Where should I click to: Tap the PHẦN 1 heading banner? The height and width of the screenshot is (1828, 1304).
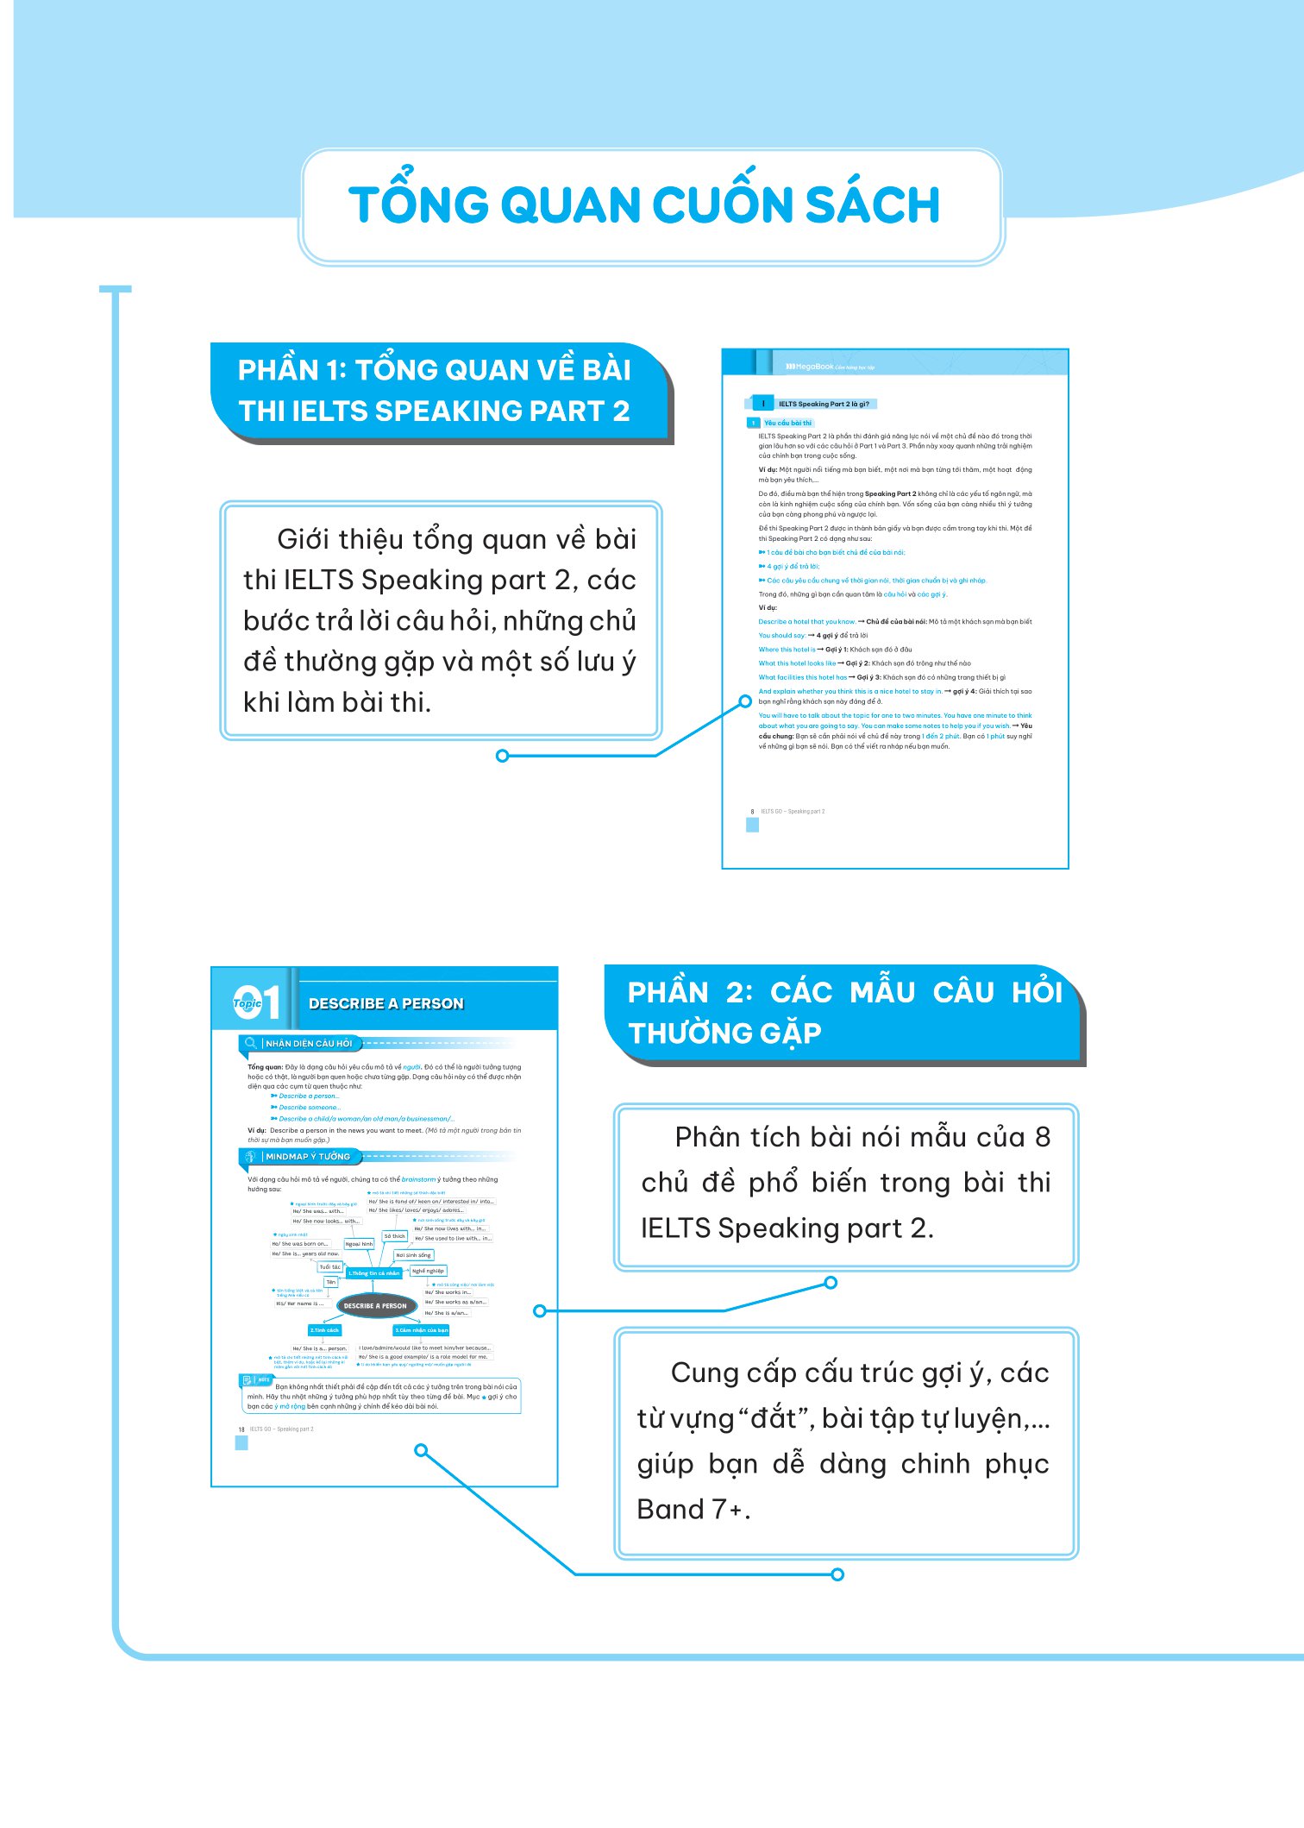click(436, 391)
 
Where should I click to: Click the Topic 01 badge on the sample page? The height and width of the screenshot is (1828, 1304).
click(256, 1002)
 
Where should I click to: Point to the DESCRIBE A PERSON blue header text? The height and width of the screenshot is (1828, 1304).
click(386, 1003)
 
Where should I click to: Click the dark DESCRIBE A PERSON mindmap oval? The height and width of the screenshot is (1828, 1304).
click(375, 1305)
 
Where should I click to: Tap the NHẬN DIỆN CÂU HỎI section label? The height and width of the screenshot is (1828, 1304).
click(308, 1043)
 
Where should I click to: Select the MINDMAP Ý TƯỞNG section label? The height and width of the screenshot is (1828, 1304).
click(307, 1156)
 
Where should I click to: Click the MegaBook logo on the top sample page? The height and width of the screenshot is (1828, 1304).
click(810, 367)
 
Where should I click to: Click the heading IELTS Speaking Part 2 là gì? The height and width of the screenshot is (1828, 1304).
click(823, 404)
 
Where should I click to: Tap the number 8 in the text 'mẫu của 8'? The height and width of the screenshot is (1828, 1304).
click(1042, 1137)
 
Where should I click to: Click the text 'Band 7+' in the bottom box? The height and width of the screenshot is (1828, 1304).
click(693, 1509)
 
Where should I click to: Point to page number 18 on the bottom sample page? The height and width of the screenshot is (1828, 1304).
click(241, 1429)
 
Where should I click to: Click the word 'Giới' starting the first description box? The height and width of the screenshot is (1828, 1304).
click(304, 539)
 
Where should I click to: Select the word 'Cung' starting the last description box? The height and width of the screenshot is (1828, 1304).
click(703, 1373)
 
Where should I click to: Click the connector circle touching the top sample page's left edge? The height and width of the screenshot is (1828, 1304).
click(745, 701)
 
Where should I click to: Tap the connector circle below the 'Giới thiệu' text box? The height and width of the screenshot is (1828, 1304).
click(502, 756)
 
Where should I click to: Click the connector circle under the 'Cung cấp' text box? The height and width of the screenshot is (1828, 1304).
click(837, 1574)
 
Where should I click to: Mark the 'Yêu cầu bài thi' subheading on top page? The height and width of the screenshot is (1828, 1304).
click(787, 423)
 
